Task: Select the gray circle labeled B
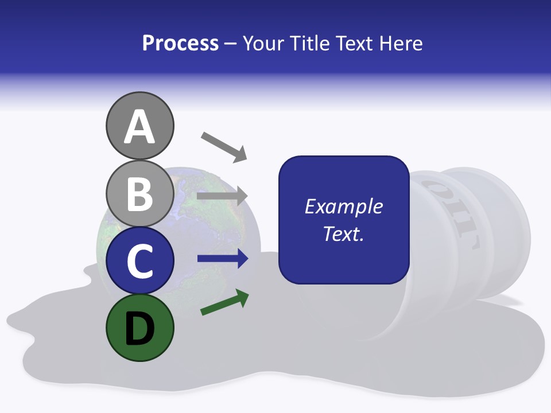tap(139, 194)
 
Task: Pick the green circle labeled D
tap(139, 328)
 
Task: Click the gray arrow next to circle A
tap(224, 146)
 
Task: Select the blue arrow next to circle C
tap(223, 259)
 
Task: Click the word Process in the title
tap(180, 43)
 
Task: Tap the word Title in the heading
tap(309, 43)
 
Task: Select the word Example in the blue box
tap(343, 206)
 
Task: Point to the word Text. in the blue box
tap(343, 234)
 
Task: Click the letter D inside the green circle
tap(139, 329)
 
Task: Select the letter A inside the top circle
tap(139, 127)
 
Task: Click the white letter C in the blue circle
tap(139, 261)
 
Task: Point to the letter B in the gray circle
tap(139, 194)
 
